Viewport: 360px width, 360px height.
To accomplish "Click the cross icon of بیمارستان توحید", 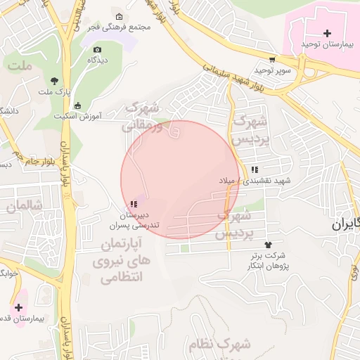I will pyautogui.click(x=327, y=33).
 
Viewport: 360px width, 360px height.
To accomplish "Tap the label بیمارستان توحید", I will pyautogui.click(x=326, y=44).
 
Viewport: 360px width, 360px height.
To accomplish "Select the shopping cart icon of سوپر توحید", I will pyautogui.click(x=272, y=60).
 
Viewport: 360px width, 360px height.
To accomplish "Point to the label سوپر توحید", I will pyautogui.click(x=271, y=71).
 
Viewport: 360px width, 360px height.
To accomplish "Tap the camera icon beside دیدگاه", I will pyautogui.click(x=97, y=49).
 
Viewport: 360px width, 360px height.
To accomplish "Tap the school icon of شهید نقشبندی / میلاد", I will pyautogui.click(x=255, y=169).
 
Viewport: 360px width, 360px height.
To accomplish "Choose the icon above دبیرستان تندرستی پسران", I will pyautogui.click(x=134, y=204).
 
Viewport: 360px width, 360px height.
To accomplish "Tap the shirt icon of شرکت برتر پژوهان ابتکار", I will pyautogui.click(x=267, y=244).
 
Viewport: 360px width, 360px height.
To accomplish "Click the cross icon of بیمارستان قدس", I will pyautogui.click(x=18, y=307).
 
